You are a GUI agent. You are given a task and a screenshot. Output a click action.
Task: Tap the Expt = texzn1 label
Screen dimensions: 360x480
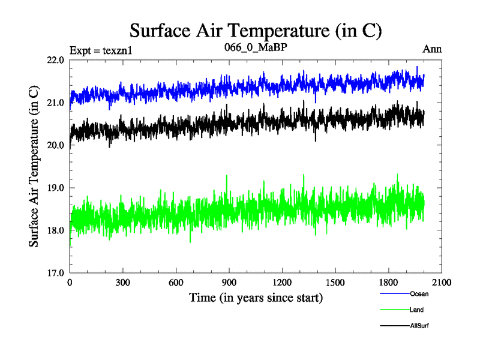(x=101, y=50)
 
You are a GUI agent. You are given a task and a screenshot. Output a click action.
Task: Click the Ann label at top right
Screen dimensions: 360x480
(x=432, y=49)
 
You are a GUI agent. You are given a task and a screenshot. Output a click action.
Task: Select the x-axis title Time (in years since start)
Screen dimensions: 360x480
(x=256, y=298)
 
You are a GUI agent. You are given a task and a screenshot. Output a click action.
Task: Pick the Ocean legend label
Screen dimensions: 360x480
(x=419, y=294)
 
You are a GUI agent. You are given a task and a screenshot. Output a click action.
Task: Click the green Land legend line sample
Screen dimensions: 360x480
(x=394, y=310)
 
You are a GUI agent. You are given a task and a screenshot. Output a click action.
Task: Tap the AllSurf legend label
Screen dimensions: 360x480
(x=421, y=325)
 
